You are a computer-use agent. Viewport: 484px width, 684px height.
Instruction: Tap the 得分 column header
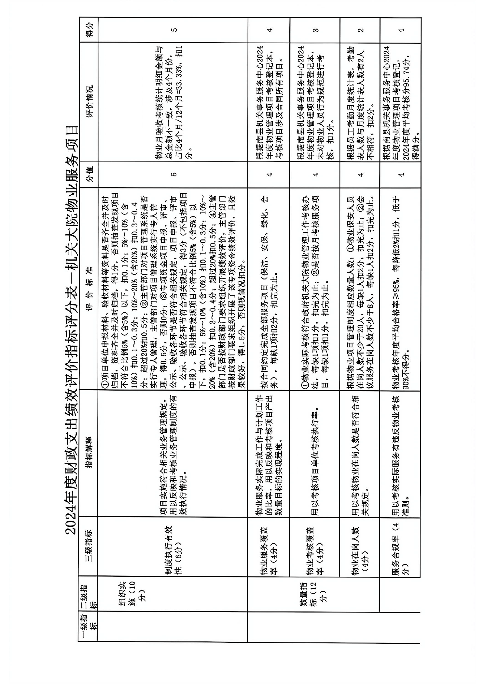89,30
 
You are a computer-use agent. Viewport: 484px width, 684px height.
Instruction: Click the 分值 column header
89,174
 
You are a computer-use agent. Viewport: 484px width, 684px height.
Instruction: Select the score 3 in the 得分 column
315,30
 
